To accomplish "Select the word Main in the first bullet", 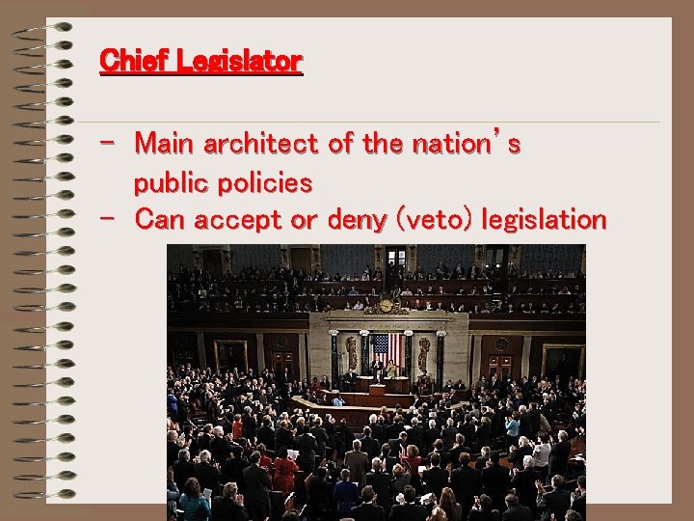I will pos(163,145).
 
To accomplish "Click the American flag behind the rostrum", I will pos(386,349).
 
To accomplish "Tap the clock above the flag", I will pos(387,306).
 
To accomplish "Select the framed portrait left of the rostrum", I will pos(231,355).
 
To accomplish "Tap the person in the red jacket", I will pos(285,472).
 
